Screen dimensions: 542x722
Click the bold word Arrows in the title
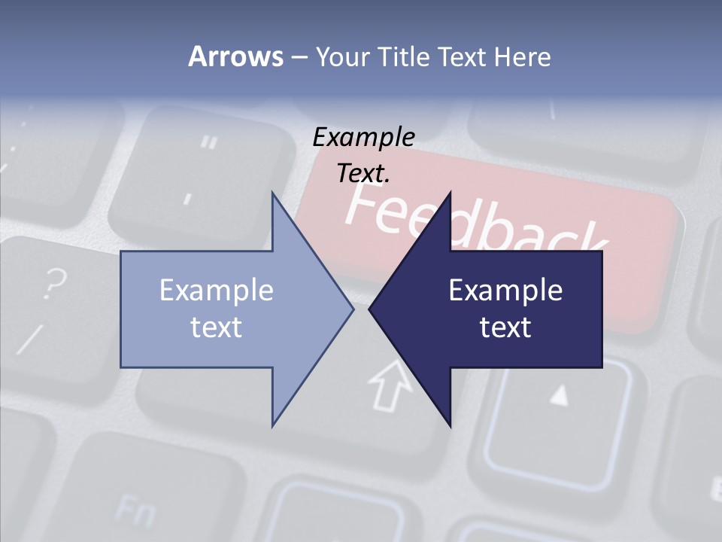pos(235,56)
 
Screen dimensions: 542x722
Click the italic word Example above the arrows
pos(364,137)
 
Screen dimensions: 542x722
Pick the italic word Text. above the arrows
pos(364,173)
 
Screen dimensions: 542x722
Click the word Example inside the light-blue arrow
pos(217,291)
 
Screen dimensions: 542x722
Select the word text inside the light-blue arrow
pos(217,327)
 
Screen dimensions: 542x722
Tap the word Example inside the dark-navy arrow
pos(505,291)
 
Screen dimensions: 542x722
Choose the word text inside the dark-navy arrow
pos(505,327)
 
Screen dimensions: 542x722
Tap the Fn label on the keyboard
pos(135,511)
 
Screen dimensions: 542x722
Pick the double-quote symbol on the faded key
pos(211,142)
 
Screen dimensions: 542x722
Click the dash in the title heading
pos(299,56)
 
